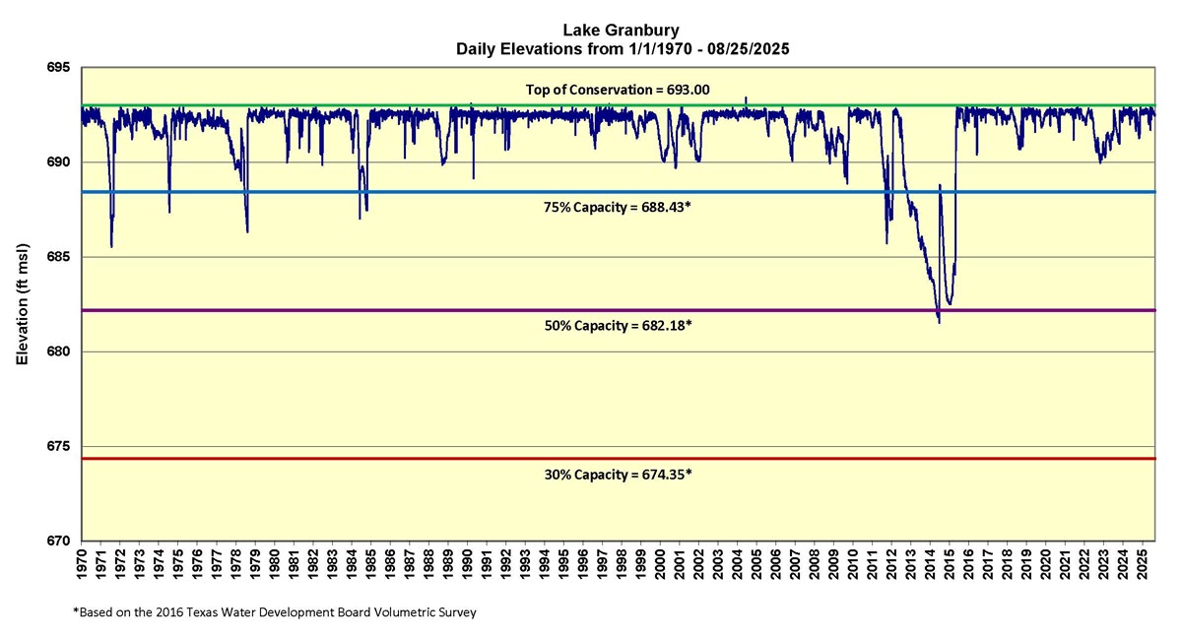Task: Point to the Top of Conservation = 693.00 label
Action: point(618,90)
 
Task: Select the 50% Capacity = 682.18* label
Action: point(618,325)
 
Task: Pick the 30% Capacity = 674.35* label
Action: point(618,474)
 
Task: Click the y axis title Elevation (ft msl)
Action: point(22,305)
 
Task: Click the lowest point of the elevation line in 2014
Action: point(939,322)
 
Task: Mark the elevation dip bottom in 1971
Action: point(111,246)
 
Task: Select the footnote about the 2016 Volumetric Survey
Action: point(275,612)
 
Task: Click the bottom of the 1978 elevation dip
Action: point(247,231)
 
